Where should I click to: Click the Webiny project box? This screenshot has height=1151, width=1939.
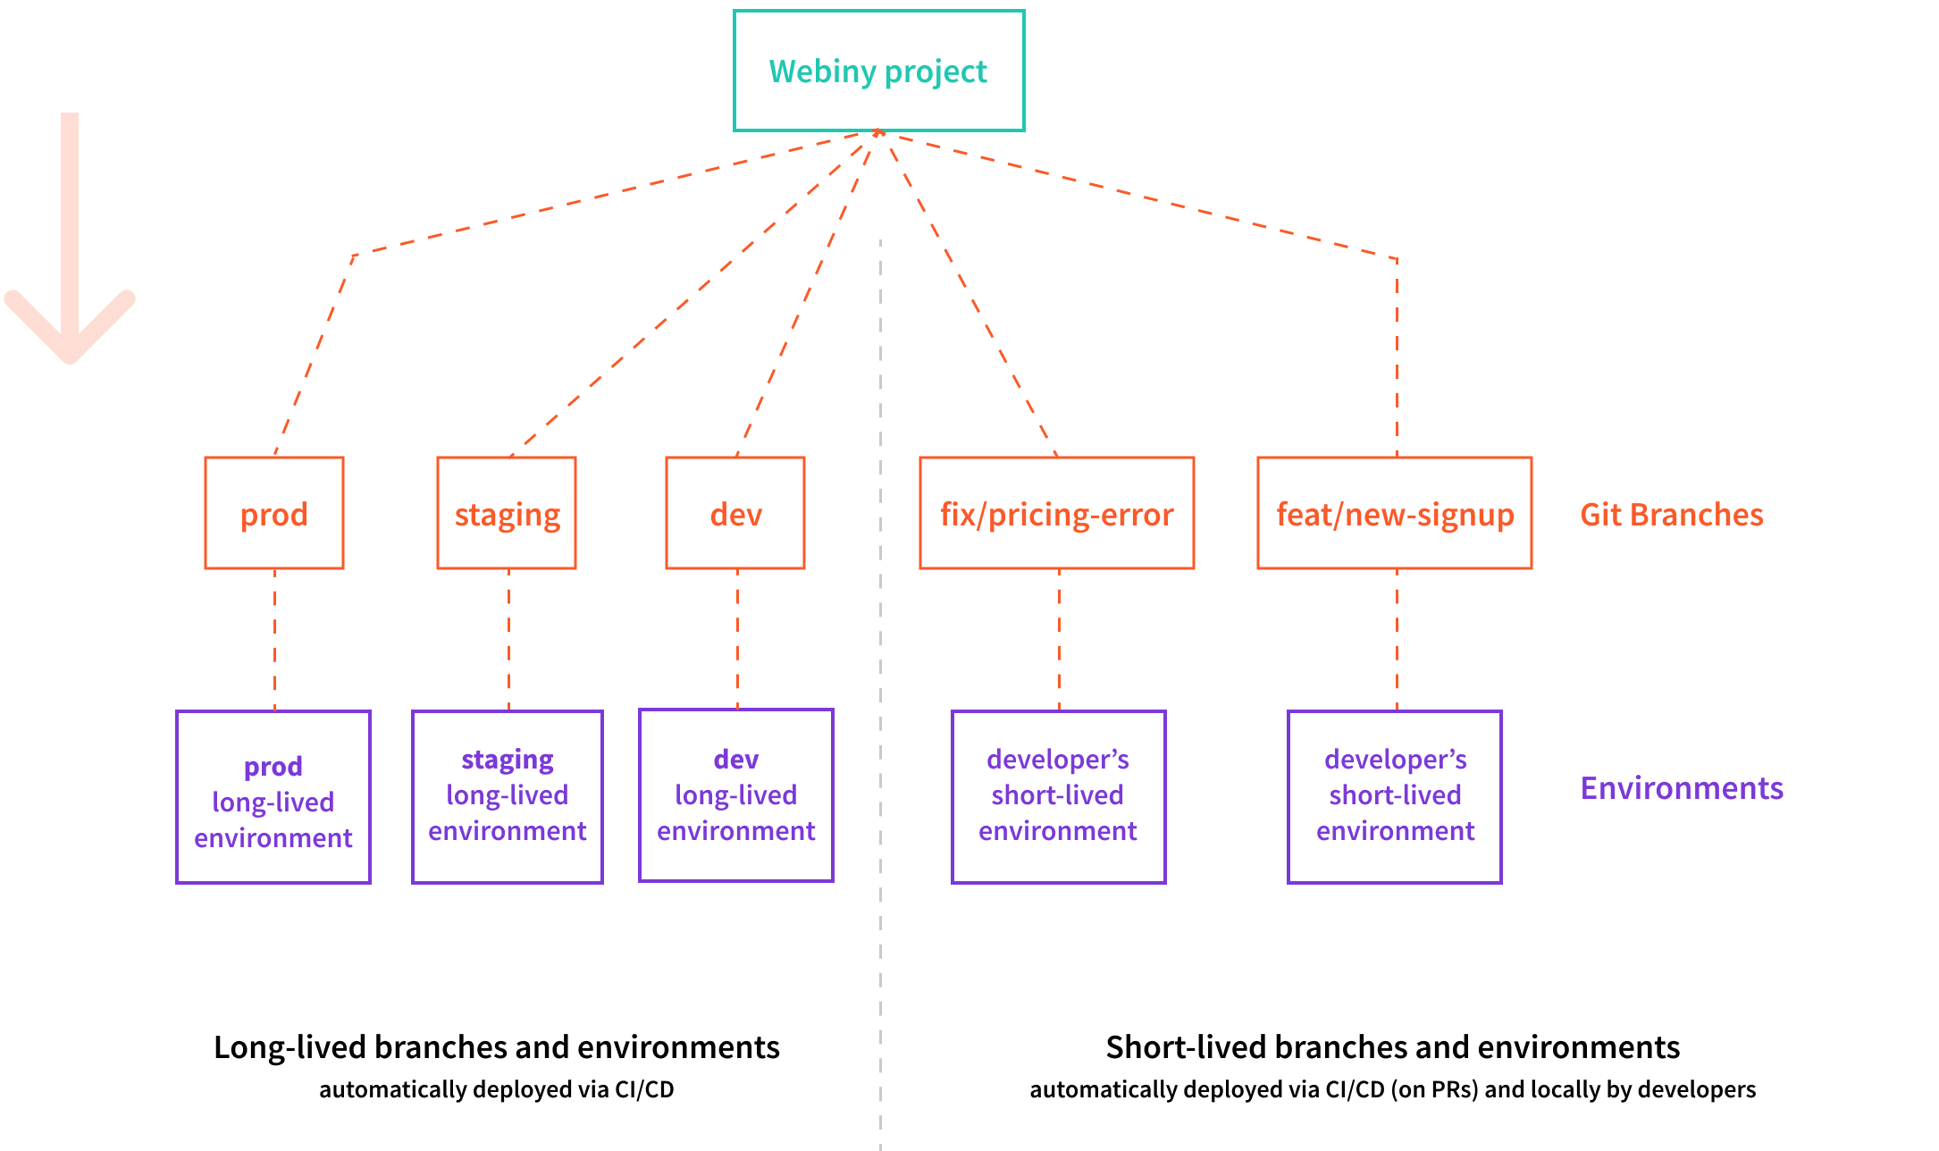(x=878, y=71)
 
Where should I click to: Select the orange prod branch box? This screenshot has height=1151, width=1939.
(x=274, y=514)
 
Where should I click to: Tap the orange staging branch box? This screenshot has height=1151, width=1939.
(x=507, y=514)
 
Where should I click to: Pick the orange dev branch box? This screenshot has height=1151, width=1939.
(x=735, y=514)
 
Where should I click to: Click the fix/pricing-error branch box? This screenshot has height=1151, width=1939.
(x=1056, y=514)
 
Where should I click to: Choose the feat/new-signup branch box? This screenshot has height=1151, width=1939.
(x=1394, y=514)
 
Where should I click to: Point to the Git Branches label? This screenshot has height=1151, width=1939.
(x=1671, y=515)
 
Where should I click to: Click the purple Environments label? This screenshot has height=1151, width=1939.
(x=1681, y=788)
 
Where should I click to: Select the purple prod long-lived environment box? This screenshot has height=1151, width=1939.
(x=273, y=797)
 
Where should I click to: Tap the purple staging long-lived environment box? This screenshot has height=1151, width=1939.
(x=508, y=797)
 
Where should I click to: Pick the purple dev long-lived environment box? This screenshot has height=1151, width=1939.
(x=736, y=795)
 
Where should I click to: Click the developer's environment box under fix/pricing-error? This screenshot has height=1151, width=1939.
(x=1058, y=797)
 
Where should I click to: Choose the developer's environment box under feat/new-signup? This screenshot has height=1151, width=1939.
(x=1394, y=797)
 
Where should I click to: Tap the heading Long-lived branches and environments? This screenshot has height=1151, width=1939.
(x=496, y=1047)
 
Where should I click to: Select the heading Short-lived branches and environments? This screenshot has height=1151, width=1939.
(x=1392, y=1047)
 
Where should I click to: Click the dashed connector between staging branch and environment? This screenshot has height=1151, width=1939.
(x=508, y=639)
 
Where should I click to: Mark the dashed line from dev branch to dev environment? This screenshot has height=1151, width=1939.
(x=737, y=639)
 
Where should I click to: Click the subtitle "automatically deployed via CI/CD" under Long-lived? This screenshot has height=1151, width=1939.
(x=496, y=1090)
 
